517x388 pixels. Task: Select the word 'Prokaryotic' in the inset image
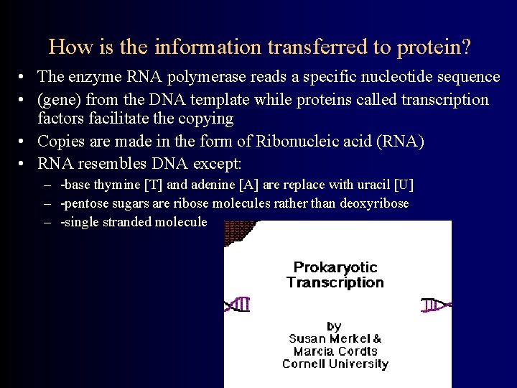pyautogui.click(x=335, y=267)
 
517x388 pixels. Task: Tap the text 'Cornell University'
pyautogui.click(x=335, y=364)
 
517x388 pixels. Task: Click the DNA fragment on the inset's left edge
pyautogui.click(x=238, y=304)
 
